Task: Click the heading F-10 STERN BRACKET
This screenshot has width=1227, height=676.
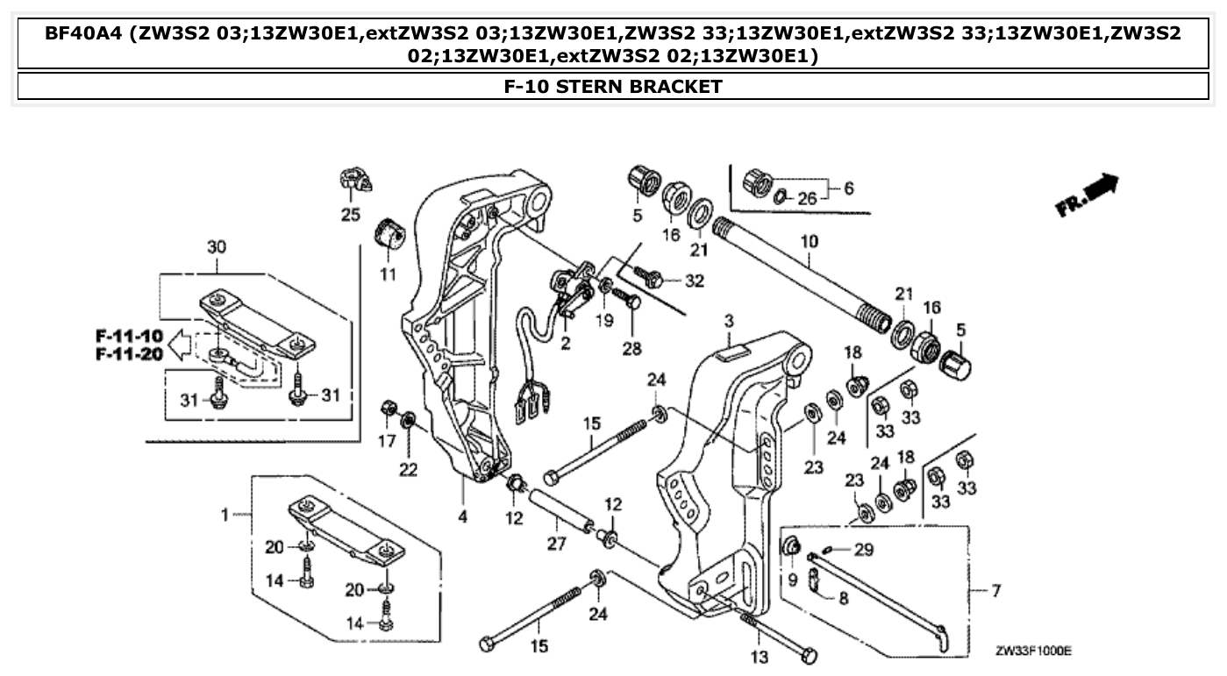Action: point(613,86)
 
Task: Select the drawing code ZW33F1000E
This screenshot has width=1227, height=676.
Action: point(1033,651)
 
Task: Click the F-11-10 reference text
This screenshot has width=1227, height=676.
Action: point(130,336)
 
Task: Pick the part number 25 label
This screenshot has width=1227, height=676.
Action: point(351,214)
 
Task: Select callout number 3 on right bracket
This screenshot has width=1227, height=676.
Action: point(728,323)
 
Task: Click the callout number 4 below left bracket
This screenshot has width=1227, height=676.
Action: point(462,517)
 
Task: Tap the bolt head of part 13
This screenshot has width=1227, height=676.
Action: point(809,655)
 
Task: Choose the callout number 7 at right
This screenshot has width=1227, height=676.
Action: point(995,590)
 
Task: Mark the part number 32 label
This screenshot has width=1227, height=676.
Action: point(694,281)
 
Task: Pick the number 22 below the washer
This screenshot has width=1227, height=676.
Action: point(408,470)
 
